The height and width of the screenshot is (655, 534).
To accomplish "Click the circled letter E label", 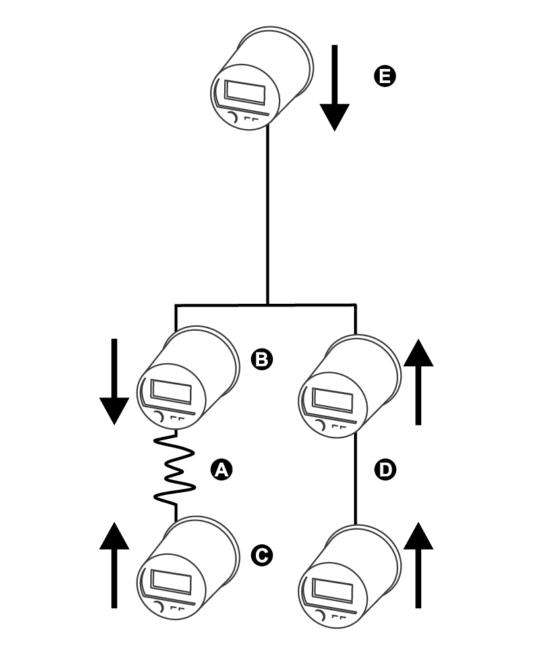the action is [384, 76].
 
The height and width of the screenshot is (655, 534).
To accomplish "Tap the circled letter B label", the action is [262, 359].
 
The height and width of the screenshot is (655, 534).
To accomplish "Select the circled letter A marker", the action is [221, 470].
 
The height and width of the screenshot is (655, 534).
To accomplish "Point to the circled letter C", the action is [262, 555].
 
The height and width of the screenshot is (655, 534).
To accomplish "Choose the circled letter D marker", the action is [384, 470].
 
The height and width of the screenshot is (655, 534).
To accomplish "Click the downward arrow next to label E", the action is [335, 88].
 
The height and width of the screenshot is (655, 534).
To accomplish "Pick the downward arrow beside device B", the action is [114, 382].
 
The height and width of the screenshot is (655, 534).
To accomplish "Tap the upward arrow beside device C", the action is [114, 565].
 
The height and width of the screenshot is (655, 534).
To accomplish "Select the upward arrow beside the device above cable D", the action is [418, 382].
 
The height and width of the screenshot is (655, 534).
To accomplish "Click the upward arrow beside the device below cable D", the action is [418, 565].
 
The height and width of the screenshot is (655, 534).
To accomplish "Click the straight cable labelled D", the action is [355, 479].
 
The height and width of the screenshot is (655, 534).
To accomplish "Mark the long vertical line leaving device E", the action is [268, 214].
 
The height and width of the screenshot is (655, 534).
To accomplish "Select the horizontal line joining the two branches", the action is [266, 305].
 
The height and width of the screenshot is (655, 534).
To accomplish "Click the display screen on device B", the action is [171, 392].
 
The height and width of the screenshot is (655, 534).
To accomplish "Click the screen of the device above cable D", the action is [333, 400].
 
